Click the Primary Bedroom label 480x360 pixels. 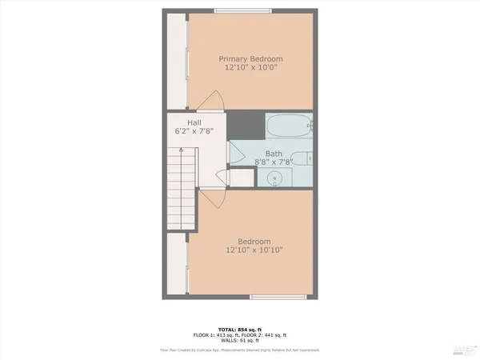(x=251, y=58)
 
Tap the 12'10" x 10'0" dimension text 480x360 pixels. (x=251, y=68)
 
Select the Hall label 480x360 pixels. (x=194, y=122)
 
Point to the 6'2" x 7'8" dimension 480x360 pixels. (x=194, y=130)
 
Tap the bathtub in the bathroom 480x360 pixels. (x=289, y=126)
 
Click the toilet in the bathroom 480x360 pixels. (x=303, y=158)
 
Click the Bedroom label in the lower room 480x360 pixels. (x=254, y=242)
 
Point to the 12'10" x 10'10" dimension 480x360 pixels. (x=254, y=250)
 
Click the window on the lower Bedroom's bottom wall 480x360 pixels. (x=278, y=297)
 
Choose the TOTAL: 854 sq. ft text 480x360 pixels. (x=240, y=328)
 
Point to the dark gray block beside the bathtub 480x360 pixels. (x=245, y=126)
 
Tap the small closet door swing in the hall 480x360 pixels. (x=222, y=179)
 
